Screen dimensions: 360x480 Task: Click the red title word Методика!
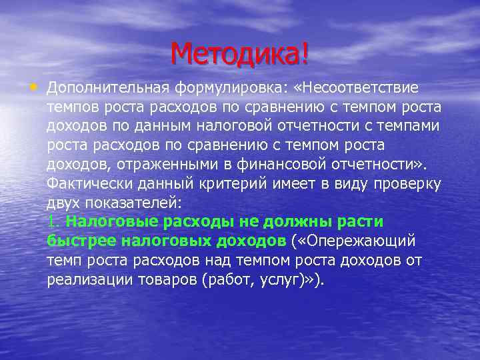[x=239, y=54]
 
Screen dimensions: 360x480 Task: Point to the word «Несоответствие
[x=361, y=89]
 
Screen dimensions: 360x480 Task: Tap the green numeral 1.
[x=53, y=221]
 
